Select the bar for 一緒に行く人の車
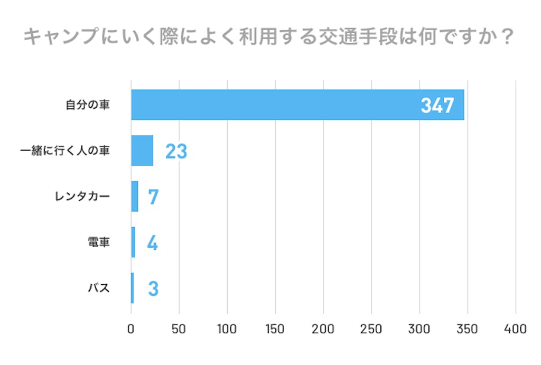[x=142, y=151]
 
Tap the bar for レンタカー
[x=135, y=196]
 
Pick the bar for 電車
[x=133, y=242]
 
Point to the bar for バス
[x=133, y=288]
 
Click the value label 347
[x=437, y=106]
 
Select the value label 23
[x=176, y=152]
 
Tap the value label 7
[x=153, y=197]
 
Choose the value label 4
[x=152, y=243]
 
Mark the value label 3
[x=153, y=288]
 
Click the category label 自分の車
[x=88, y=105]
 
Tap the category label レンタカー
[x=82, y=197]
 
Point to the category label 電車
[x=98, y=242]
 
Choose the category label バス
[x=99, y=288]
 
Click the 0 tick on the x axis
[x=131, y=329]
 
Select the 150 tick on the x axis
[x=275, y=329]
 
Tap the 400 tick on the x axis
[x=515, y=329]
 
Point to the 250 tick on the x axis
[x=371, y=329]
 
